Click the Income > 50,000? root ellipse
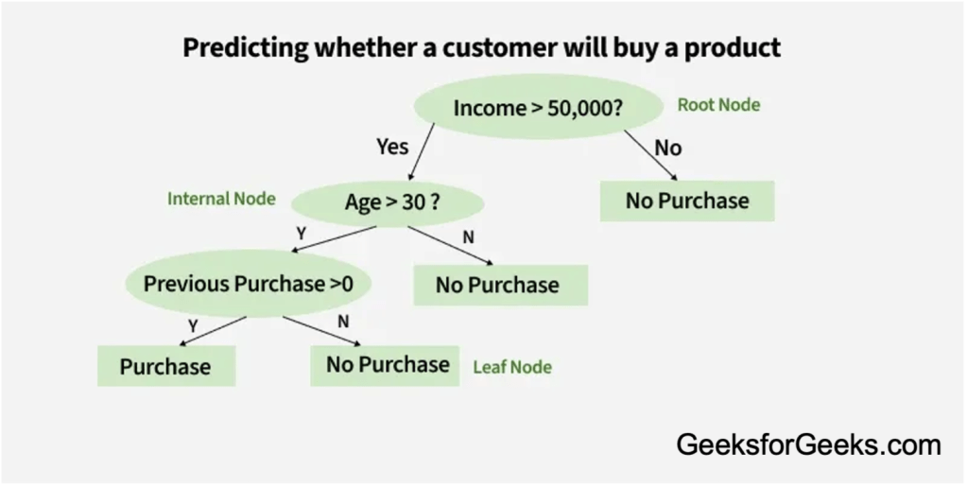click(538, 108)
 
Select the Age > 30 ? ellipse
click(388, 200)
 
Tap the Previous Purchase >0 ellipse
click(249, 283)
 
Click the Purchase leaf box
click(165, 366)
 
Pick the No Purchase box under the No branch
click(687, 200)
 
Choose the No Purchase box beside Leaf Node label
click(388, 365)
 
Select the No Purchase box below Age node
click(497, 285)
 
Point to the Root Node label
click(718, 105)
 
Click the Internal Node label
click(221, 199)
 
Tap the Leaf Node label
click(512, 367)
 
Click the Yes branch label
click(392, 147)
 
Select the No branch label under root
click(667, 148)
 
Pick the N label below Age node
click(468, 236)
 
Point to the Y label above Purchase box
click(193, 324)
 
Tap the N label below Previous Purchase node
click(343, 322)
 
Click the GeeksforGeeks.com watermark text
click(808, 444)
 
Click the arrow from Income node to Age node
click(423, 153)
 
